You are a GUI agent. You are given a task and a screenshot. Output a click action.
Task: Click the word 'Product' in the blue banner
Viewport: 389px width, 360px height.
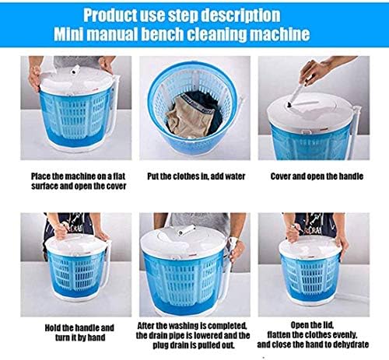110,16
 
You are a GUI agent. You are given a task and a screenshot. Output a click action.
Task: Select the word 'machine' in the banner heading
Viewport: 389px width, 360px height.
281,34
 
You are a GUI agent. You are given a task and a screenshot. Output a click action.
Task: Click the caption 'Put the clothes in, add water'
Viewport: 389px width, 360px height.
196,177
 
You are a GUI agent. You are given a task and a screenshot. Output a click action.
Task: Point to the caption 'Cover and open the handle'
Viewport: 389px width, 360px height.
317,177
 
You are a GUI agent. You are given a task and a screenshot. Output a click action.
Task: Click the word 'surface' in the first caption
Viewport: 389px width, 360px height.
44,186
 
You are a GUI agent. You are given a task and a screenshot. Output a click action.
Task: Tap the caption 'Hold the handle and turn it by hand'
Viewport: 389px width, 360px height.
79,333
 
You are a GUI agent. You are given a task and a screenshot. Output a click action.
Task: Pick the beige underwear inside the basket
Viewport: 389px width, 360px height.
188,116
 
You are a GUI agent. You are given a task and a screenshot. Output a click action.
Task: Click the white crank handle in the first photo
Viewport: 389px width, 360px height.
75,70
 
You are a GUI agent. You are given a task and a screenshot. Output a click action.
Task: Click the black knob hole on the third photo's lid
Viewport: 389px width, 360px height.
289,105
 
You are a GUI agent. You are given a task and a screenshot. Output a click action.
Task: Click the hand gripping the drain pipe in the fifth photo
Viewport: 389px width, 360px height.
237,251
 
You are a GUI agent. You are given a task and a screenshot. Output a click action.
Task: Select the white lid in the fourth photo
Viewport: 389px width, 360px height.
75,244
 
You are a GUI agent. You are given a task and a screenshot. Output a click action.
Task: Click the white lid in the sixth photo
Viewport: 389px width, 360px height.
310,246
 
